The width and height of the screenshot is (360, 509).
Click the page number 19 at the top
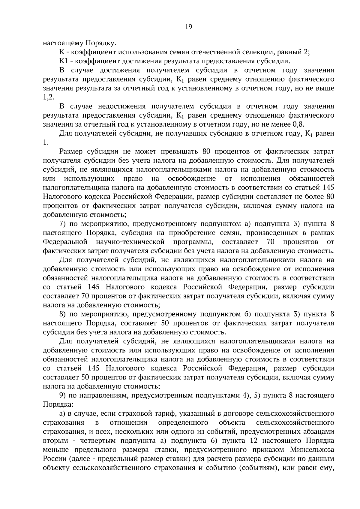[188, 27]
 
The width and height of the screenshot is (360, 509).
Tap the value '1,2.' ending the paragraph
[49, 97]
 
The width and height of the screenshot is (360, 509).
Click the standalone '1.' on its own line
[46, 142]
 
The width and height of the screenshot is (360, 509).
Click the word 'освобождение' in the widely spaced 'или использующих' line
[192, 179]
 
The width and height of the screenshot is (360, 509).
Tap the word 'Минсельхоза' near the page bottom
[312, 450]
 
